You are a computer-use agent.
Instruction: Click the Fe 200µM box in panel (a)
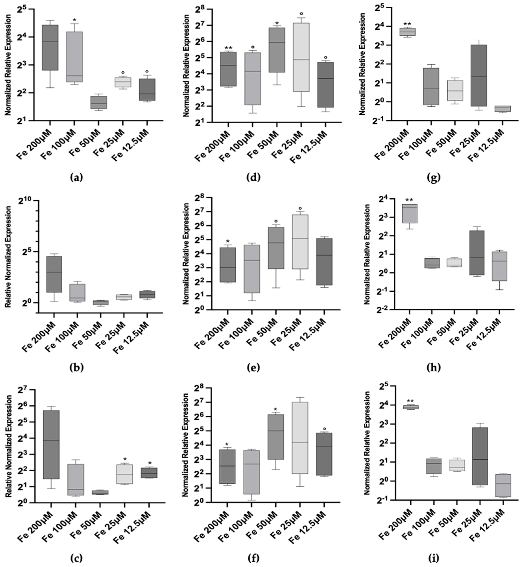(50, 47)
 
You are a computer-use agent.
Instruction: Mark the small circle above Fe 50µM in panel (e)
(276, 221)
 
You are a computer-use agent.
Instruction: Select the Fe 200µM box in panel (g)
(407, 32)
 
